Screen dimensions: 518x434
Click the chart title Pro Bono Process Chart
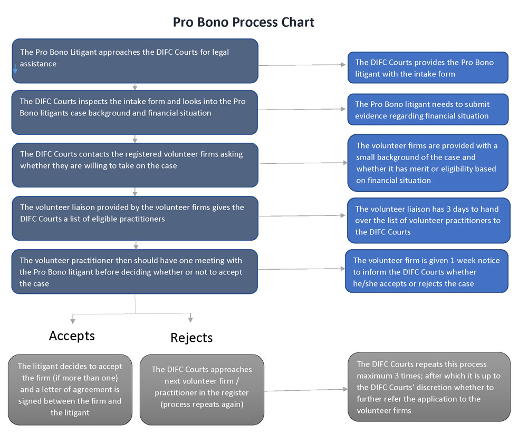[x=244, y=23]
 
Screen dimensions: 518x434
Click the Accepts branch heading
[x=72, y=336]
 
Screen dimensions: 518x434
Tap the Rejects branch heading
[x=191, y=338]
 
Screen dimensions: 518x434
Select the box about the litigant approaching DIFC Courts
[x=135, y=61]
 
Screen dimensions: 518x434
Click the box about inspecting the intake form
[x=135, y=112]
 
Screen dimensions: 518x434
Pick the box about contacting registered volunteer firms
[x=135, y=165]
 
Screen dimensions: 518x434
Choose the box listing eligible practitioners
[x=135, y=218]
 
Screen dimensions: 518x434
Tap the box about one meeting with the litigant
[x=135, y=271]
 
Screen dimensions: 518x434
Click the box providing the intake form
[x=428, y=67]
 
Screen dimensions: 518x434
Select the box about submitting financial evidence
[x=428, y=110]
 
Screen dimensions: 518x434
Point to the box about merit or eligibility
[x=428, y=163]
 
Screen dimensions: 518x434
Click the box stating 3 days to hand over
[x=428, y=220]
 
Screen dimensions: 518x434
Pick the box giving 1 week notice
[x=427, y=271]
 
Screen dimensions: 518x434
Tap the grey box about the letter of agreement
[x=70, y=389]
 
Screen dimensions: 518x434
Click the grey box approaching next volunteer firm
[x=202, y=389]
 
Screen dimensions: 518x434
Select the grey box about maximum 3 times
[x=429, y=387]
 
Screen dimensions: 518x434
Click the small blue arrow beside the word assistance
[x=15, y=69]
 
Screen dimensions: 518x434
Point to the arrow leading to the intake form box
[x=302, y=65]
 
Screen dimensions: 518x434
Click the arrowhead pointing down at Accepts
[x=73, y=321]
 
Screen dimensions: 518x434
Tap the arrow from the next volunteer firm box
[x=306, y=390]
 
